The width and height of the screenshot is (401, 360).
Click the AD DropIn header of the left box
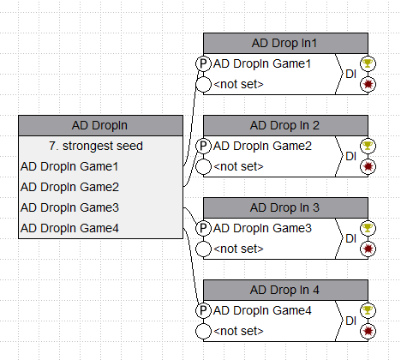coord(100,125)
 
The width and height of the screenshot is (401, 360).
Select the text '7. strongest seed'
coord(96,146)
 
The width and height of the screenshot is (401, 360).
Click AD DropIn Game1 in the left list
coord(69,166)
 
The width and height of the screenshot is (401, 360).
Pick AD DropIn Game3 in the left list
coord(69,207)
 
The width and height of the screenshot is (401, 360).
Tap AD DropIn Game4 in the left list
coord(69,228)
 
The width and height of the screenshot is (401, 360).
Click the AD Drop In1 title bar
coord(285,43)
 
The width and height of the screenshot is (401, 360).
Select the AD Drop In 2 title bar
coord(285,125)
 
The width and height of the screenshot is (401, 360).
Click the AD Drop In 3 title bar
coord(285,207)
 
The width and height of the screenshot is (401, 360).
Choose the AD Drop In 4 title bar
coord(285,290)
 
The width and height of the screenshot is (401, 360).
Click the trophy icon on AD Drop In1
coord(368,63)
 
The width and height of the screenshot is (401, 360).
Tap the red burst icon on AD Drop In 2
coord(368,166)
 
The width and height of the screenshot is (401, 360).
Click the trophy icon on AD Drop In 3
coord(368,228)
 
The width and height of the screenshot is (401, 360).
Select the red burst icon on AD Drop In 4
coord(368,331)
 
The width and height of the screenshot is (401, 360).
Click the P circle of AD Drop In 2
coord(203,146)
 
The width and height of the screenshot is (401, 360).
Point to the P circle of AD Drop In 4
coord(203,310)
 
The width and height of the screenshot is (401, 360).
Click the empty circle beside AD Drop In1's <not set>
coord(203,84)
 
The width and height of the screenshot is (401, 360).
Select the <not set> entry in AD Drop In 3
coord(238,249)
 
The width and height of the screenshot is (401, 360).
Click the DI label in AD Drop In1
coord(350,74)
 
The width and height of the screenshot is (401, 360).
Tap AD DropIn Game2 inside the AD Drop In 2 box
coord(262,146)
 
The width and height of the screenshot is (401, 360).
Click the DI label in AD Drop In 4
coord(350,321)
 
